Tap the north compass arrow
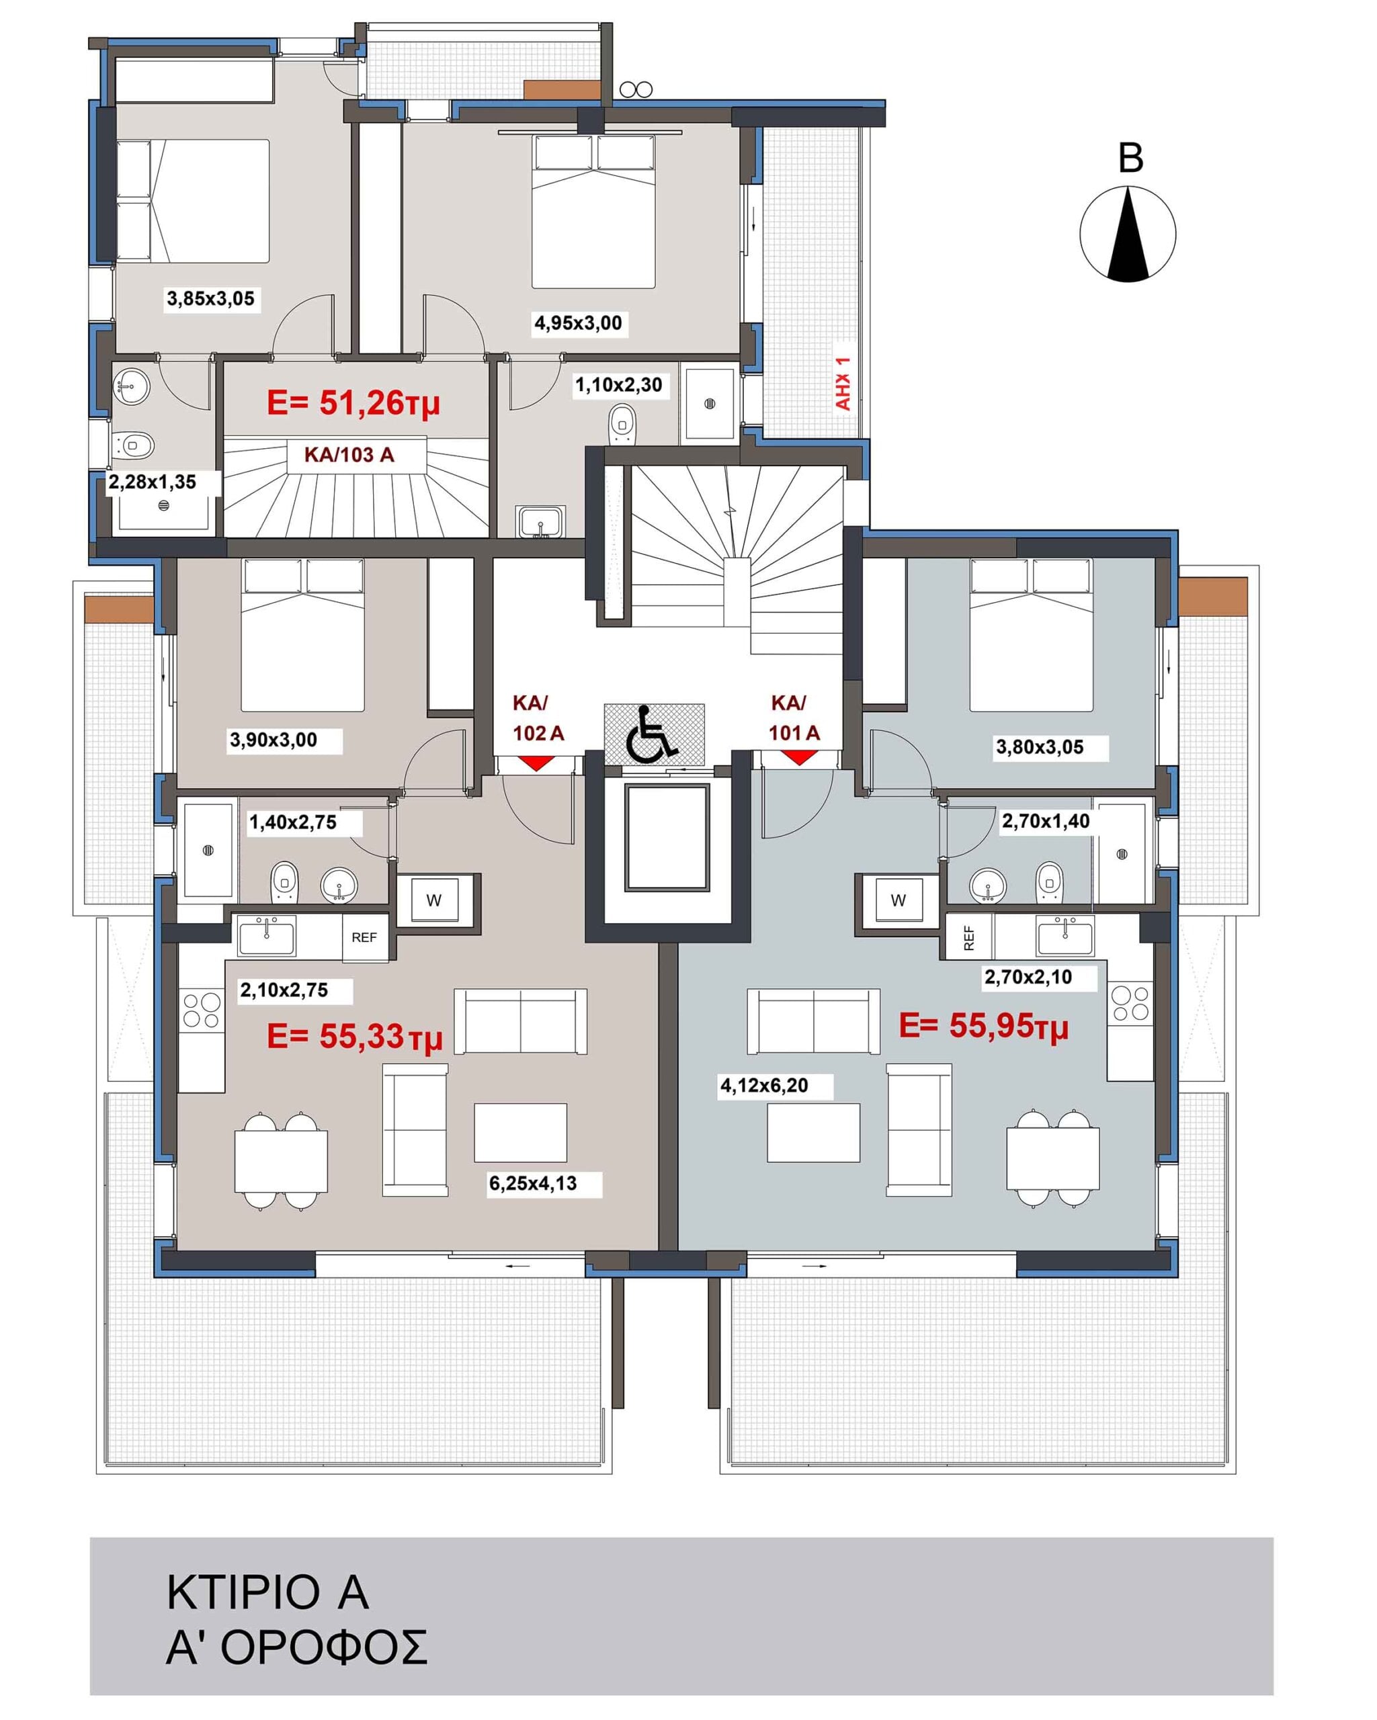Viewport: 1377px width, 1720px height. click(x=1127, y=233)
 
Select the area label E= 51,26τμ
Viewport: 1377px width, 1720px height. click(x=353, y=404)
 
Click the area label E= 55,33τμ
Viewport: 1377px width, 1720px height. click(x=354, y=1037)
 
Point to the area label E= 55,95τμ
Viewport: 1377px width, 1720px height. click(x=983, y=1027)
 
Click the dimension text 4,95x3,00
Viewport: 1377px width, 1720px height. click(x=577, y=323)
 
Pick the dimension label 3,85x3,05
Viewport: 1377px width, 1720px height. click(x=210, y=299)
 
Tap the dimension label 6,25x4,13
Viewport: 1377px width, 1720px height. click(x=533, y=1183)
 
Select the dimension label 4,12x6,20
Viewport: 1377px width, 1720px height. click(x=764, y=1085)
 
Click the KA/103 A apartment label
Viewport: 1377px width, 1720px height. click(x=349, y=455)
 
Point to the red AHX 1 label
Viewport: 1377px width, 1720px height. click(x=843, y=383)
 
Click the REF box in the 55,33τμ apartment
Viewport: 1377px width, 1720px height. click(x=365, y=937)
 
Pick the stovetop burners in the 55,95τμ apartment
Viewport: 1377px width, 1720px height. click(x=1130, y=1004)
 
